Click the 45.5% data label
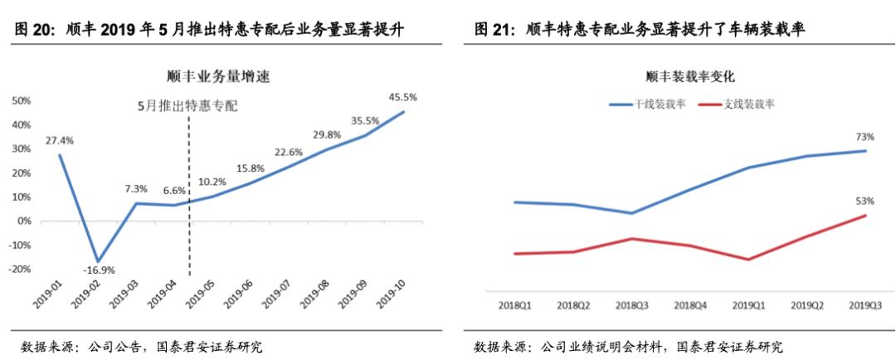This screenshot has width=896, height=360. (x=403, y=97)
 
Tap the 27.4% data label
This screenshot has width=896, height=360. (x=60, y=140)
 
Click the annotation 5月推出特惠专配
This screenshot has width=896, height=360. (x=188, y=105)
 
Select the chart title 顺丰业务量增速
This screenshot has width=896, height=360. (x=219, y=77)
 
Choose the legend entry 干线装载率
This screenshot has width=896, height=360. (x=645, y=104)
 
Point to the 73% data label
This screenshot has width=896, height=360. (x=865, y=137)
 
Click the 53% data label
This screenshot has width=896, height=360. (x=865, y=201)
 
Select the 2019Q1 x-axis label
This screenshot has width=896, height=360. (x=748, y=305)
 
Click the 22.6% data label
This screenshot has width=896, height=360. (x=289, y=152)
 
